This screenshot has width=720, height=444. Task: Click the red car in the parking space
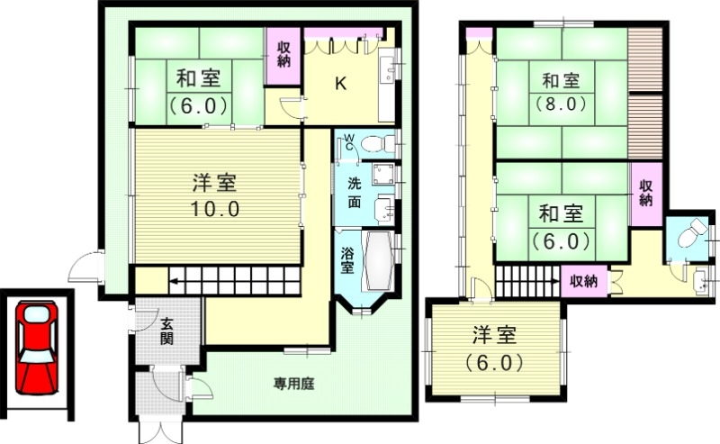tap(34, 347)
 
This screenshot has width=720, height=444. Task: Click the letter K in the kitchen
tap(340, 85)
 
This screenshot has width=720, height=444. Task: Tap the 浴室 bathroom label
tap(347, 260)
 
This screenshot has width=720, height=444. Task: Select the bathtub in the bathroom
tap(377, 262)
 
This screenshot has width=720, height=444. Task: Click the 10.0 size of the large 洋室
tap(214, 208)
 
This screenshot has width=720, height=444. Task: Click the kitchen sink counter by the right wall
tap(387, 77)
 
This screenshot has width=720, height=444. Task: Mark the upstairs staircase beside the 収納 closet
tap(526, 283)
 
